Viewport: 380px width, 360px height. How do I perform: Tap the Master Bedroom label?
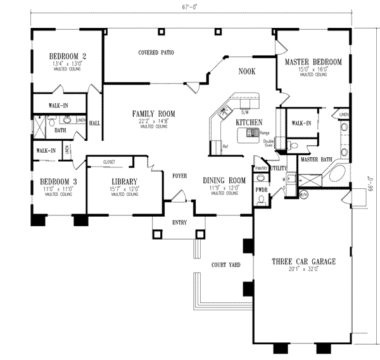[x=313, y=62]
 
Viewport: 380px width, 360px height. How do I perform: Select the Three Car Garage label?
[x=304, y=261]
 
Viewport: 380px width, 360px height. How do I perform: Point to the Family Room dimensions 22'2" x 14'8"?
[x=153, y=122]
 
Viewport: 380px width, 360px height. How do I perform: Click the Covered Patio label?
[x=156, y=53]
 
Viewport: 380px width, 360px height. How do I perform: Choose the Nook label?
[x=247, y=72]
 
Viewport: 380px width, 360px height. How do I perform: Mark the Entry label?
[x=180, y=222]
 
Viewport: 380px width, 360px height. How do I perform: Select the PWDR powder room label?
[x=261, y=189]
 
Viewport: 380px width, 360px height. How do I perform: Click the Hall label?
[x=95, y=123]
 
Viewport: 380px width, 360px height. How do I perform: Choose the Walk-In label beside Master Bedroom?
[x=298, y=123]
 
